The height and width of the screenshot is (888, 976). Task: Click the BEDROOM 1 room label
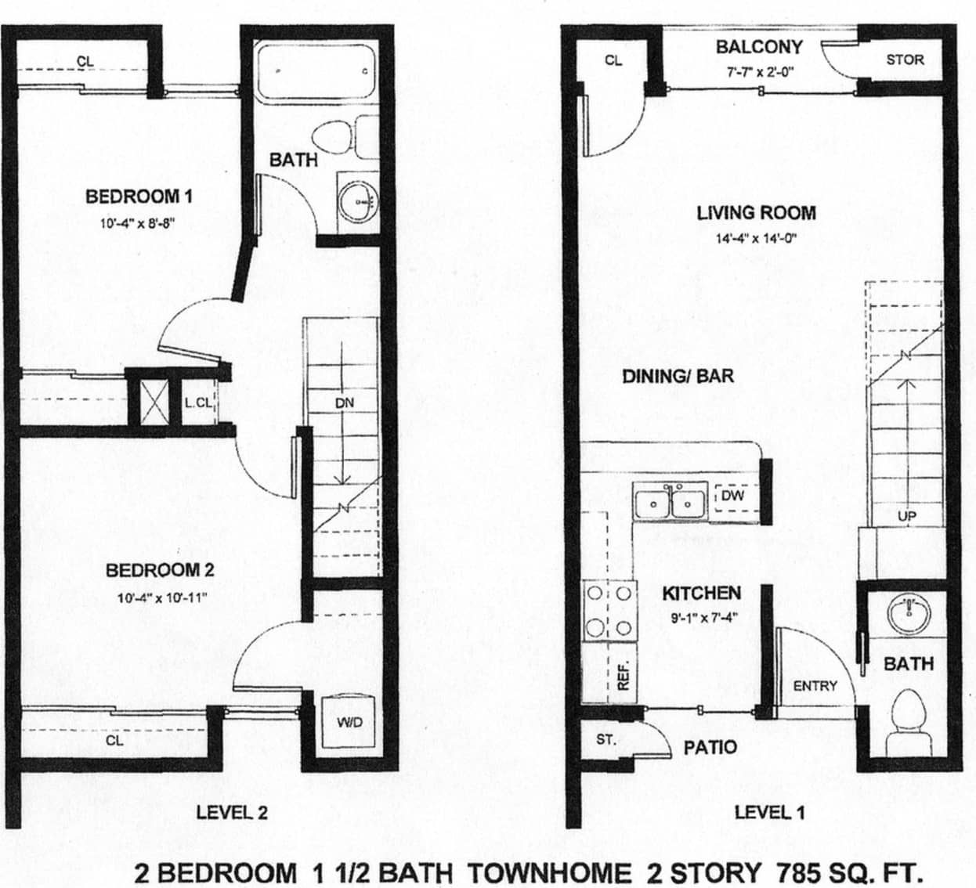[x=139, y=196]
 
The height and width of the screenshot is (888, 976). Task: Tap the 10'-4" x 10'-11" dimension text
[x=161, y=598]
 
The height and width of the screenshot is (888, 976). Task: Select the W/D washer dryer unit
[x=349, y=723]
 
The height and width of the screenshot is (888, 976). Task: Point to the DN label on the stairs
[x=345, y=402]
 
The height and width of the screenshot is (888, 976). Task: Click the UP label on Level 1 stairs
[x=907, y=516]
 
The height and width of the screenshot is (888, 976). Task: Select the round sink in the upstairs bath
[x=359, y=202]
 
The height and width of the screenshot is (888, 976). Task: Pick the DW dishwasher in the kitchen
[x=732, y=496]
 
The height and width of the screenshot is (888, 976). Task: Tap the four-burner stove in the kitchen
[x=609, y=611]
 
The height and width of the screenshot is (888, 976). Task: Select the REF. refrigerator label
[x=624, y=674]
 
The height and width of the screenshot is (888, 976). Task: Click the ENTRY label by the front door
[x=815, y=686]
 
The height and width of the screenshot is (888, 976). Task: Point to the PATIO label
[x=710, y=747]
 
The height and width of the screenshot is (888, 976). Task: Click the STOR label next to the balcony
[x=905, y=60]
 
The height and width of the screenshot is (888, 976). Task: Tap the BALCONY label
[x=759, y=47]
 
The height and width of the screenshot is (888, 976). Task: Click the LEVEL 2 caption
[x=232, y=812]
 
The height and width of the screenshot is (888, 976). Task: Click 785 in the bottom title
[x=800, y=872]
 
